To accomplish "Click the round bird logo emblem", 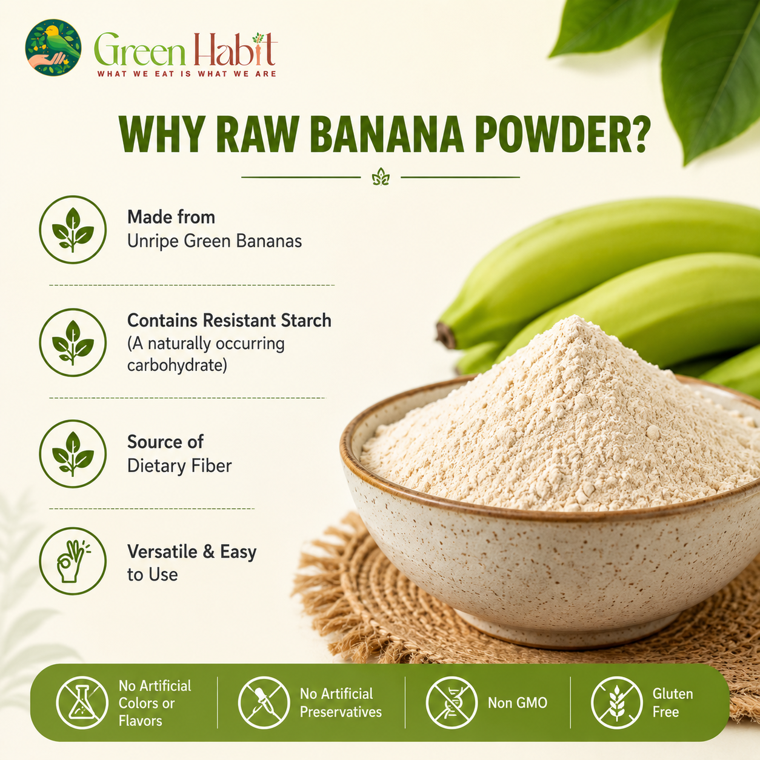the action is coord(53,47).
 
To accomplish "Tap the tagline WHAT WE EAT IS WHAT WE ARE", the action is coord(187,74).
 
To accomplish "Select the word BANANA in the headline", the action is coord(387,134).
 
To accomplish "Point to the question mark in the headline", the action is coord(636,134).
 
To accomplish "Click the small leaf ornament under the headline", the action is coord(381,177).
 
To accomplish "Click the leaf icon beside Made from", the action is coord(73,230).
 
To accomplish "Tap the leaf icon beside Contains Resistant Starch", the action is coord(73,342).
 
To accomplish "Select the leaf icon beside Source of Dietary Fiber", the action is coord(73,453).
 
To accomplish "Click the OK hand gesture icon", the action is coord(73,561).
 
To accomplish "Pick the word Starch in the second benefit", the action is coord(306,320).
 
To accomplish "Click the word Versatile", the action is coord(162,552).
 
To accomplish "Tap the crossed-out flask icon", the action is coord(82,702).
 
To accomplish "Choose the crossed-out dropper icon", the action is coord(264,702).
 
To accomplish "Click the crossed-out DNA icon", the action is coord(452,702).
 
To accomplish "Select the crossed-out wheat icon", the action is coord(617,702).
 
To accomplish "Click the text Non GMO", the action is coord(518,703).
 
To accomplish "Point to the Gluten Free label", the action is coord(673,703).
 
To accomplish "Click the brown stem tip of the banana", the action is coord(445,336).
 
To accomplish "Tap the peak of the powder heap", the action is coord(576,318).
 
